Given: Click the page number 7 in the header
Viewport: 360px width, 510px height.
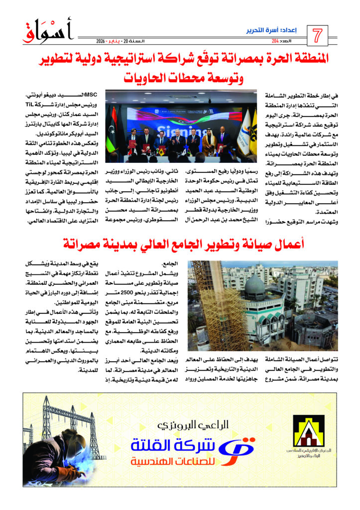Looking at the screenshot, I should point(317,36).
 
